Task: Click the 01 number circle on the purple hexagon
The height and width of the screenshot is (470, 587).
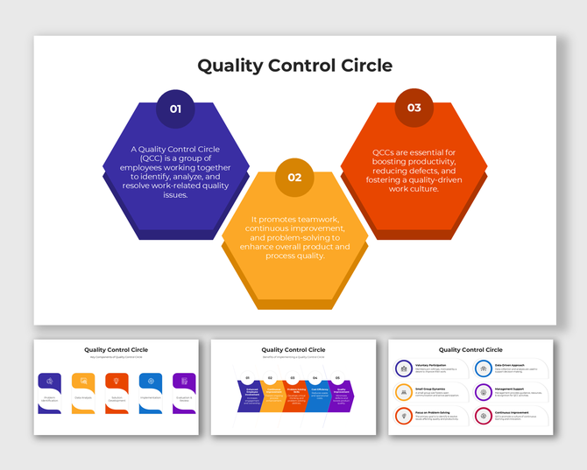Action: (x=175, y=109)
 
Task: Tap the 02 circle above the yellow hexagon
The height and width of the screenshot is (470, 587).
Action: (x=294, y=177)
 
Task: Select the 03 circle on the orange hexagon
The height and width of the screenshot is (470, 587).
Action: (x=414, y=108)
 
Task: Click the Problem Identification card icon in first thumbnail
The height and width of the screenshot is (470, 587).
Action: (x=50, y=381)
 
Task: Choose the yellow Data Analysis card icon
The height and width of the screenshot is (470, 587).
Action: (x=83, y=381)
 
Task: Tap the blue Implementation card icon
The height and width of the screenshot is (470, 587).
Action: (x=151, y=381)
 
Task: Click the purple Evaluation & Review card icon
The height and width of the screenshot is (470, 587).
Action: (x=184, y=381)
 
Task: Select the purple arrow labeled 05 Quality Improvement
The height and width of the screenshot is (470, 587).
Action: (x=340, y=396)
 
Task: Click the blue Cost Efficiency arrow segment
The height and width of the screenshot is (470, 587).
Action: (x=317, y=396)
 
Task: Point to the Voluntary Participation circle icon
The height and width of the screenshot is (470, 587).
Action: (x=404, y=369)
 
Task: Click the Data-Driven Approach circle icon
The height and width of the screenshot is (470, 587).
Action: (x=484, y=369)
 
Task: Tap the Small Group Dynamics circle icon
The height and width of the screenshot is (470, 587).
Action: (x=404, y=392)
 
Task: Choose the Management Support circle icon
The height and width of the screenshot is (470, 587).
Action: (x=484, y=392)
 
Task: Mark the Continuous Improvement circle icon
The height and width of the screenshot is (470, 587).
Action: (x=484, y=415)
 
